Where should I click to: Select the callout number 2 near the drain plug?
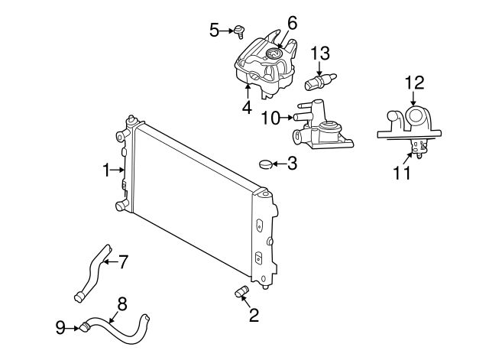click(254, 316)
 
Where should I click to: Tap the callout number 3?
click(292, 163)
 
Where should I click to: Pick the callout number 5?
click(215, 30)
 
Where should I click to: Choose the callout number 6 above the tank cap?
click(292, 23)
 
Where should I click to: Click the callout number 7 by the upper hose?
click(123, 261)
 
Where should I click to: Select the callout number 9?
click(60, 329)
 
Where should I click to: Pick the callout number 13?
click(323, 53)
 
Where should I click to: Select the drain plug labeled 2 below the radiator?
click(241, 292)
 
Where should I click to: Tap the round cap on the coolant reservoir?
click(274, 54)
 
